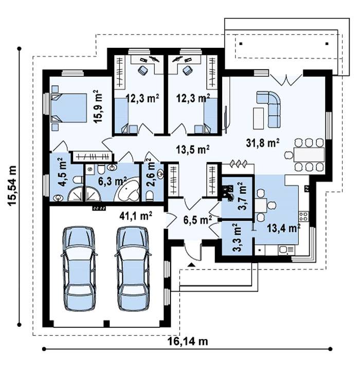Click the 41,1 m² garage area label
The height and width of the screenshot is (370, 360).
(x=136, y=216)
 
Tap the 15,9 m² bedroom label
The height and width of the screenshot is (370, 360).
(x=98, y=106)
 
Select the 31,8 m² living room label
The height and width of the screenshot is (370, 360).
(x=263, y=143)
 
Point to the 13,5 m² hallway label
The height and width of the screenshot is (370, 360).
(x=193, y=150)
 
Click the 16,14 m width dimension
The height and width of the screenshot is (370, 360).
(x=188, y=341)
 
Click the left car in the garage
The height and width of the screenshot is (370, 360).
(x=79, y=269)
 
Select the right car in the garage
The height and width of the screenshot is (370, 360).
(x=133, y=269)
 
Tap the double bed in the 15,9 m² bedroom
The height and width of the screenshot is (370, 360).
(x=69, y=108)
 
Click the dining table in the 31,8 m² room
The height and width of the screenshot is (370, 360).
(x=309, y=154)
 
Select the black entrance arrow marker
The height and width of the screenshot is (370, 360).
(x=192, y=265)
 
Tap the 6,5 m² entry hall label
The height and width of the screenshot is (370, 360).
(x=197, y=220)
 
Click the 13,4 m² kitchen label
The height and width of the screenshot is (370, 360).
(x=283, y=228)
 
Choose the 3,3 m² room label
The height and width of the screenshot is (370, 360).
(x=238, y=237)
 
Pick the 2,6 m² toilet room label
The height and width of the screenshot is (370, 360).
(x=152, y=172)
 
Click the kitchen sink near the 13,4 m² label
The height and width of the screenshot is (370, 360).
(x=286, y=249)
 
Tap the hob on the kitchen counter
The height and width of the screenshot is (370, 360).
(x=303, y=216)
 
